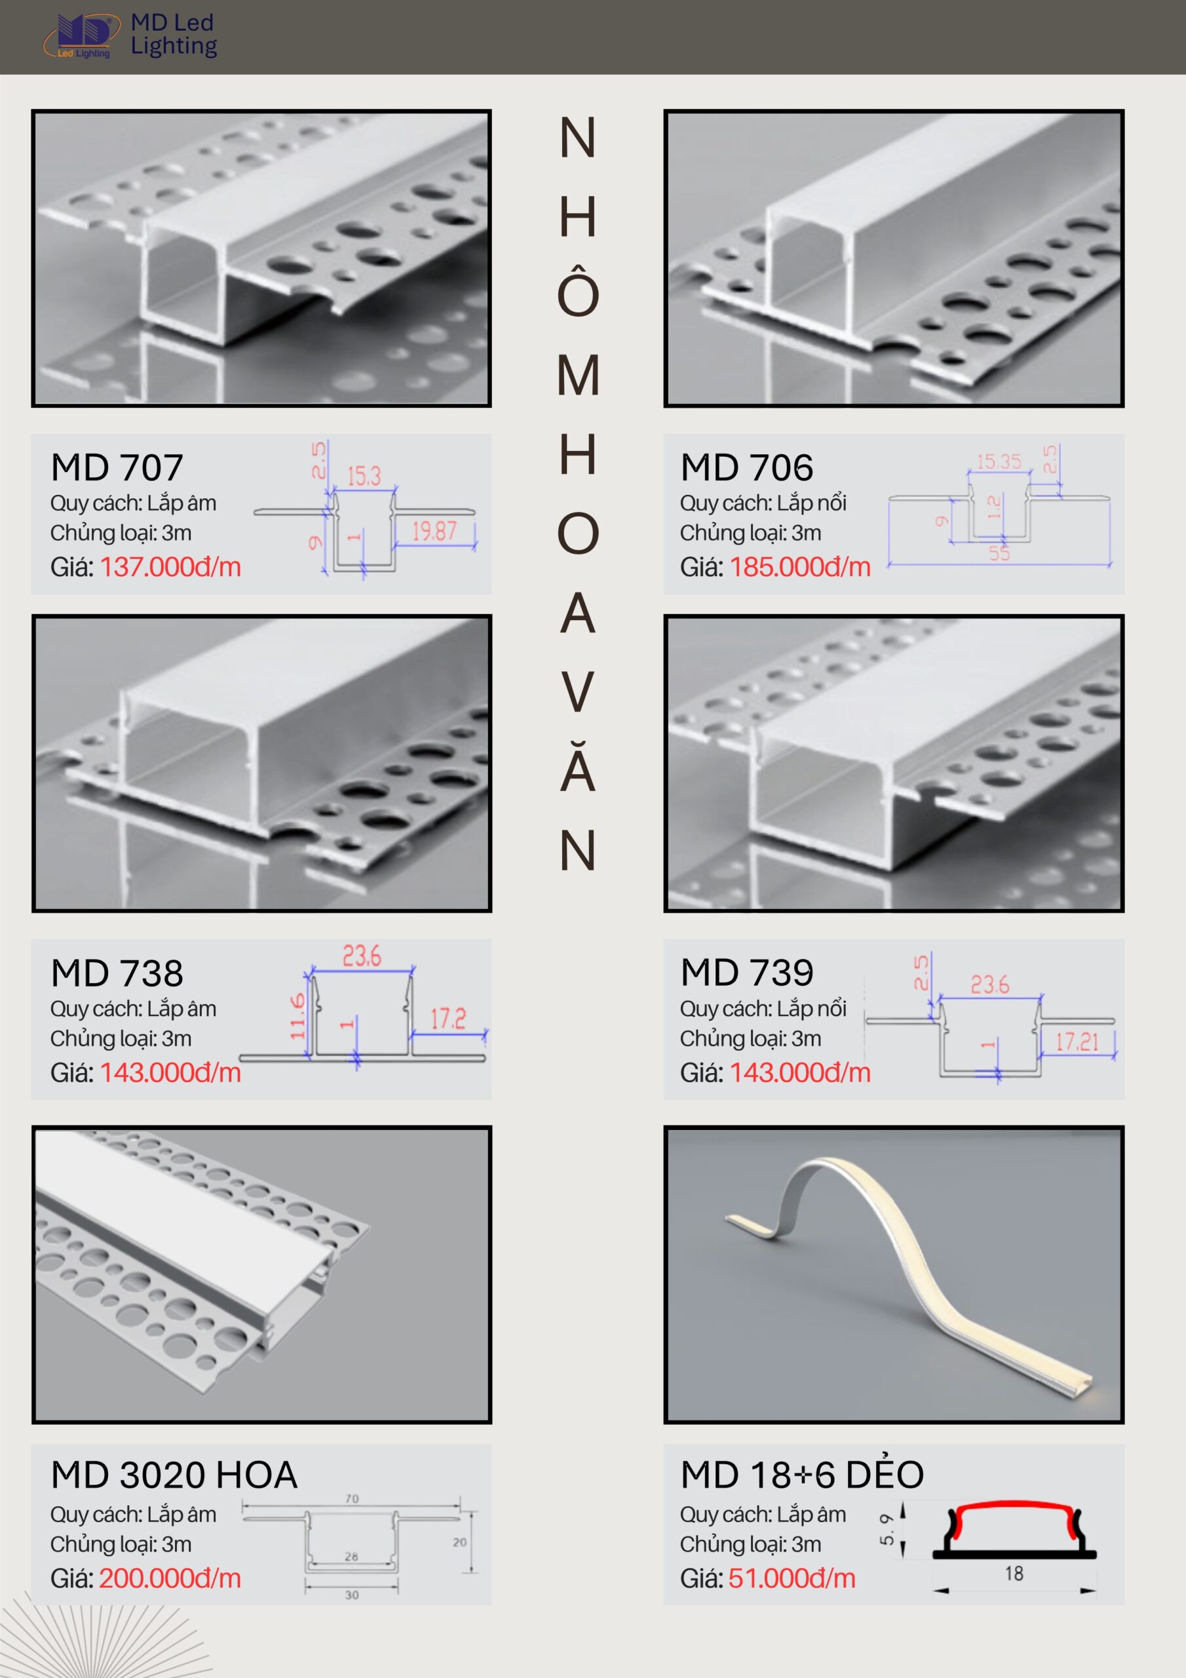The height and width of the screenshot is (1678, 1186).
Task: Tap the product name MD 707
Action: (x=117, y=468)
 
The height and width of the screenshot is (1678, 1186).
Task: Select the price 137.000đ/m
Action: (x=170, y=567)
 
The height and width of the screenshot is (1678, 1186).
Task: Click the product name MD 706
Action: (x=747, y=468)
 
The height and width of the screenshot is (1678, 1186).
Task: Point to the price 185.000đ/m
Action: (x=800, y=567)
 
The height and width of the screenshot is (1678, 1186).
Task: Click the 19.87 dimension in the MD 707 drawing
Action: (x=434, y=532)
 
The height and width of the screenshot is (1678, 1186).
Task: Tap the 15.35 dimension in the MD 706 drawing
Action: (x=999, y=462)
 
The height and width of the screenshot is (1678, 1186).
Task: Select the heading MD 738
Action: (x=117, y=973)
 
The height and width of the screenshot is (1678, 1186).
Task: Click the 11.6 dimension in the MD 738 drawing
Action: (x=297, y=1016)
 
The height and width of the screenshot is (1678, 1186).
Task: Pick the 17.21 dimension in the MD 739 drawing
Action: (x=1077, y=1042)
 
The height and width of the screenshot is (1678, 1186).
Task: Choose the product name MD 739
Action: (x=747, y=973)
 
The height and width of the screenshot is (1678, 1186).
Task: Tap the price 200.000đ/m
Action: (x=170, y=1578)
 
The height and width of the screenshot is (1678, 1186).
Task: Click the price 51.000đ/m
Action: (x=792, y=1578)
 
